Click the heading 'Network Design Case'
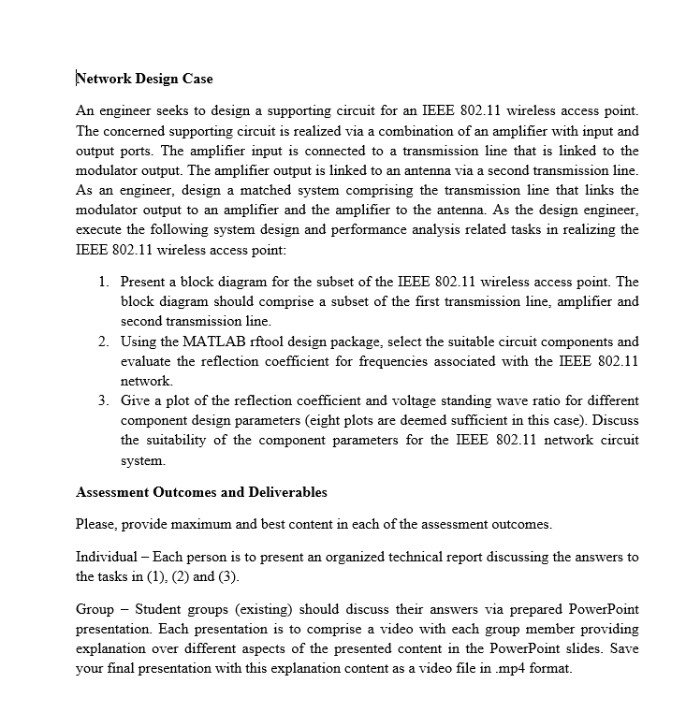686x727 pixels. tap(144, 79)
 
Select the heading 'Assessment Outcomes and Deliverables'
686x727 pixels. tap(201, 492)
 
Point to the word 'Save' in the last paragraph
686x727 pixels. tap(623, 650)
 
